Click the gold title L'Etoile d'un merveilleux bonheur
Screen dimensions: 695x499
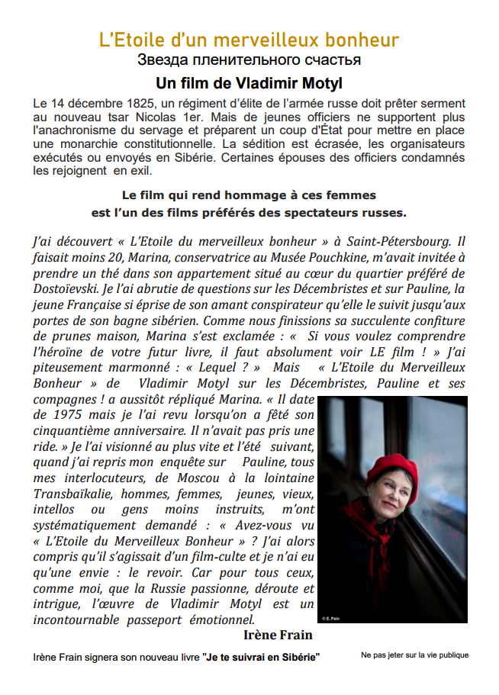249,40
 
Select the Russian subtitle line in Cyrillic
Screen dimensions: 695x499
249,60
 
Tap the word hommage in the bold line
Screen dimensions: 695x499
229,195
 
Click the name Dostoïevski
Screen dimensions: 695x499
67,291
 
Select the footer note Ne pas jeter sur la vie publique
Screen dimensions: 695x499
415,655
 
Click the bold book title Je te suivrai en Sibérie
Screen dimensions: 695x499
262,657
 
